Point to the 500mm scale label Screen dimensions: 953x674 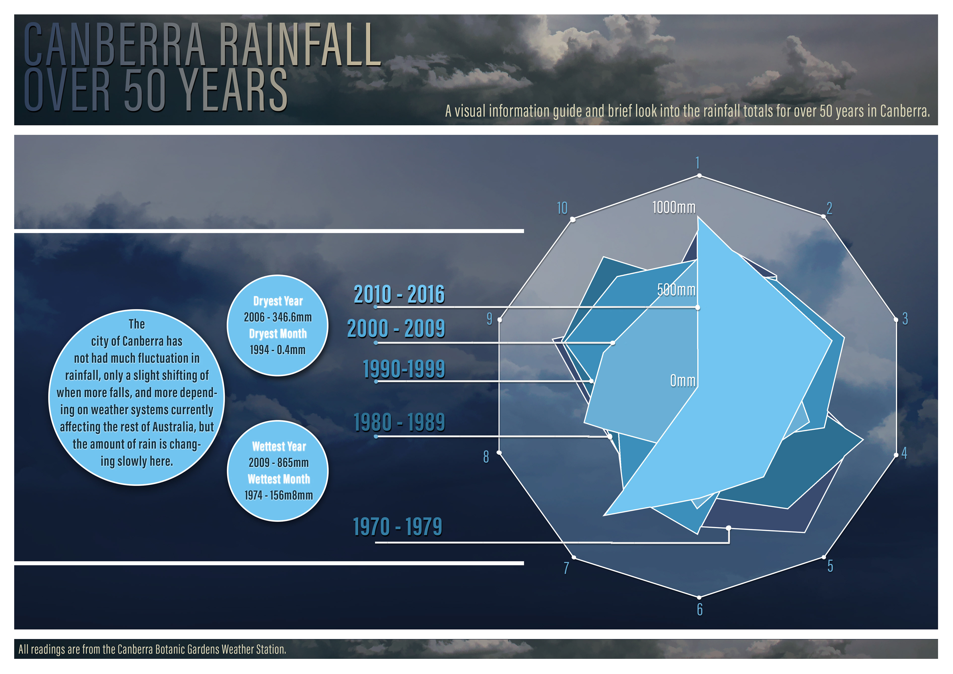click(676, 289)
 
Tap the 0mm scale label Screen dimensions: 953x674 click(683, 380)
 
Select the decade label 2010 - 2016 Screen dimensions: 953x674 click(399, 294)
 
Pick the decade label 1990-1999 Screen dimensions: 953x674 click(404, 369)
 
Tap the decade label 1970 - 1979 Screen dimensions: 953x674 click(398, 527)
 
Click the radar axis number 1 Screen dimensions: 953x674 click(698, 162)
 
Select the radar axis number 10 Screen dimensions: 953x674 click(562, 208)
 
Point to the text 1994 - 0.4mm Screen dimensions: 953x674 click(277, 350)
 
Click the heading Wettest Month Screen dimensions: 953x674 click(278, 479)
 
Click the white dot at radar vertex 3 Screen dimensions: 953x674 click(895, 320)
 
